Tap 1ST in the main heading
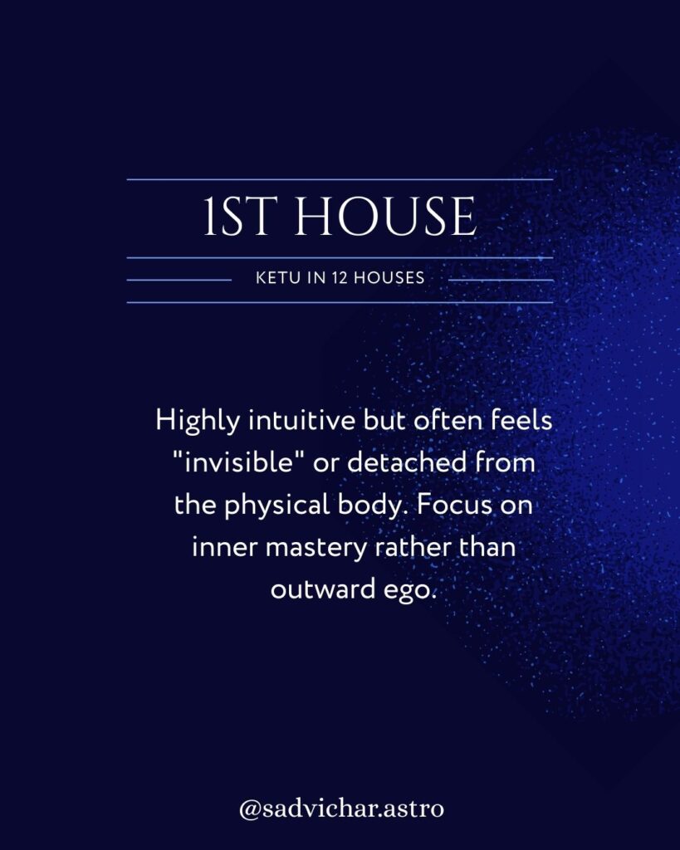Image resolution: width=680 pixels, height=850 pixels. [243, 217]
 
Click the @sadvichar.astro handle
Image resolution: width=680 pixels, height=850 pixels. [340, 808]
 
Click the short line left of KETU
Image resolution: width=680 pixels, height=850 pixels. [178, 280]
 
